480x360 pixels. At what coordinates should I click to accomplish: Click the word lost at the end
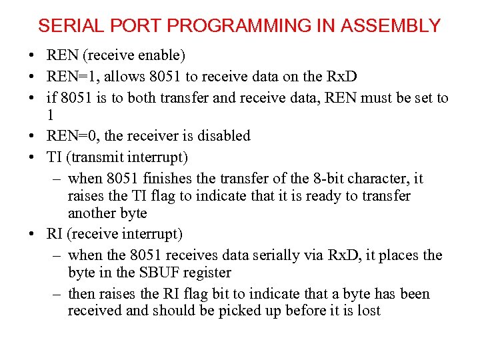367,310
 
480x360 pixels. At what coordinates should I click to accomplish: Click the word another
91,213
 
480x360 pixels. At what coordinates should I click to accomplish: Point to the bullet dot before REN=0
32,136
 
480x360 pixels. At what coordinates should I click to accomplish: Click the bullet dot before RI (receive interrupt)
32,234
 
